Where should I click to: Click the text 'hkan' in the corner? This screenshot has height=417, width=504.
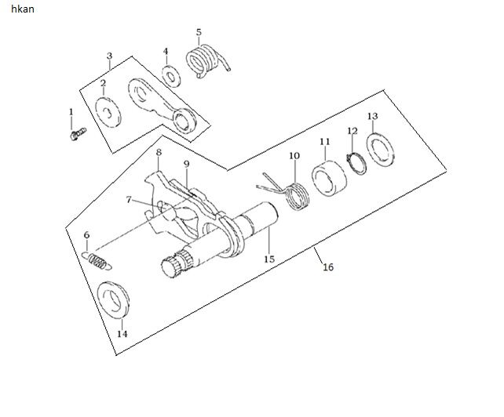23,9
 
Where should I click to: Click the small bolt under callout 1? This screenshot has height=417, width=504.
78,133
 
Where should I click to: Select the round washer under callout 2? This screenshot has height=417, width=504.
108,112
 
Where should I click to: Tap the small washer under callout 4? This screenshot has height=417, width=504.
171,76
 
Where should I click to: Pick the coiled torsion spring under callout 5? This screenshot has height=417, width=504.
206,61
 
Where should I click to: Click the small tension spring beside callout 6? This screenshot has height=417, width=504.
97,260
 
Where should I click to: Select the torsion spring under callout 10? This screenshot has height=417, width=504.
289,193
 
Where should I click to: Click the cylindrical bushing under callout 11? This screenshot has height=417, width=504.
330,178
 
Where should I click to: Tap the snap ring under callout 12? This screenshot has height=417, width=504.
356,164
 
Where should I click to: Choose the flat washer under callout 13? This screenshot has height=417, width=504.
381,149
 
